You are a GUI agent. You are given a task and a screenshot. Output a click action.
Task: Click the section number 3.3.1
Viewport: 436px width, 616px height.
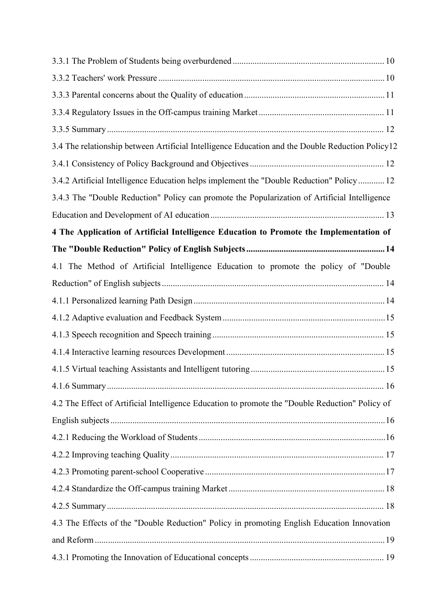61,61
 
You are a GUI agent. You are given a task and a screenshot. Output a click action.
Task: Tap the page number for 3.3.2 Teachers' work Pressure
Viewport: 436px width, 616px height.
390,78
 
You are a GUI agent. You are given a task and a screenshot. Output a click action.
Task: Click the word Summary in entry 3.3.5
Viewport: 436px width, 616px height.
89,129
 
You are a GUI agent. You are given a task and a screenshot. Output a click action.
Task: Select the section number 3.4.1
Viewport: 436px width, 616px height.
61,164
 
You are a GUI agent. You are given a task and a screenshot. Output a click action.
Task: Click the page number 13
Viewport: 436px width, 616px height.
390,215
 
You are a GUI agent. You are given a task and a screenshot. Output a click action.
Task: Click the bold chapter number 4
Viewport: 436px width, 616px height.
54,232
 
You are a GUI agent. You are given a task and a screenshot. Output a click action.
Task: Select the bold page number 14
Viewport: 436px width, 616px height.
390,249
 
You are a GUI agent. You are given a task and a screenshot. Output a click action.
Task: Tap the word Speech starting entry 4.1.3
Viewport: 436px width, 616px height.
83,335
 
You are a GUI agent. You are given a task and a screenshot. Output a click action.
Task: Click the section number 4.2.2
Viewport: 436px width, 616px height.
61,455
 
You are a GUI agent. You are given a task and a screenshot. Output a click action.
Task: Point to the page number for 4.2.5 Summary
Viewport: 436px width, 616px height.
390,506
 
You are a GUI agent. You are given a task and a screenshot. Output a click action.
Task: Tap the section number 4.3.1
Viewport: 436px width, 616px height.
61,557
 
